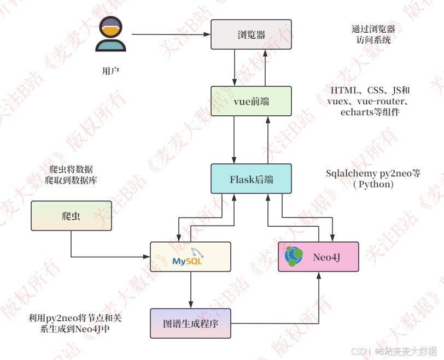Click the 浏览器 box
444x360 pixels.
[x=252, y=34]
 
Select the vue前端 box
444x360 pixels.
[x=252, y=102]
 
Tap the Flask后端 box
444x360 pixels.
[x=252, y=179]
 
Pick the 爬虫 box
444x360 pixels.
[x=71, y=216]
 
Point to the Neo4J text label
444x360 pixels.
[x=327, y=256]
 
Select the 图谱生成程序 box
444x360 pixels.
[x=191, y=323]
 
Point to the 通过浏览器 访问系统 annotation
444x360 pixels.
[x=373, y=34]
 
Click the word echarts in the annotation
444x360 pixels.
[x=356, y=112]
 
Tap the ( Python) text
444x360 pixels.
[x=373, y=185]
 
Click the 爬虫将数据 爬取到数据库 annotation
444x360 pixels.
[x=71, y=174]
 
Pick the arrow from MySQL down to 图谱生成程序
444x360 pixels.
[x=191, y=290]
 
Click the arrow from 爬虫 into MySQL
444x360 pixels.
[x=109, y=256]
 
